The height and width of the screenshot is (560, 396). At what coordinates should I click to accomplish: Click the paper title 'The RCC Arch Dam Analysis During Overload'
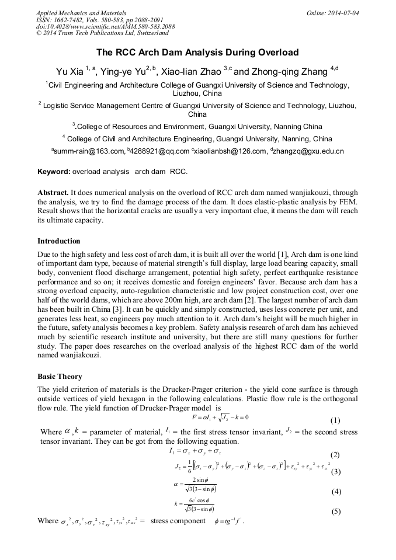click(x=197, y=53)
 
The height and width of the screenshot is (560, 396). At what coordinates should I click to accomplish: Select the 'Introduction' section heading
click(x=59, y=241)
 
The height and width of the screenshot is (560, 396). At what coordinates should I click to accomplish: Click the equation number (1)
click(x=335, y=420)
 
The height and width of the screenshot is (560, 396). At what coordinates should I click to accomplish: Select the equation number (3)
click(x=335, y=472)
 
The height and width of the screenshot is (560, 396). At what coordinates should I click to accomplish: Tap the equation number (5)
click(x=335, y=512)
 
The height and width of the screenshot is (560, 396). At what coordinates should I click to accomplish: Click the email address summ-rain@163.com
click(x=89, y=151)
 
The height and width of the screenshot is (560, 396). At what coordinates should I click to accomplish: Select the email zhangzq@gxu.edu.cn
click(x=308, y=151)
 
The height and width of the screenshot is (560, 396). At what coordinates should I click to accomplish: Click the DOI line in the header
click(x=105, y=27)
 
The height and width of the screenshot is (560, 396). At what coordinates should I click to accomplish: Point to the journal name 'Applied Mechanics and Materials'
click(x=81, y=12)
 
